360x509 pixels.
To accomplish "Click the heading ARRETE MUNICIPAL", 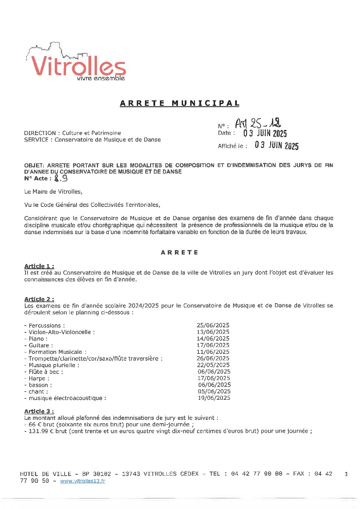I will tap(180, 103).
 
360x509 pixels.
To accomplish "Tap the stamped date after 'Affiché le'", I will tap(277, 145).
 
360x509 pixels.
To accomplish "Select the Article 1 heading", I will tap(39, 266).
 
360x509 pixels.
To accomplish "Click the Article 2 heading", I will tap(39, 299).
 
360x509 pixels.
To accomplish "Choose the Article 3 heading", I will tap(39, 411).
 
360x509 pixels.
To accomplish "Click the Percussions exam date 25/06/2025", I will tap(213, 325).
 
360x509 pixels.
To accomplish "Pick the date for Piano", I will tap(213, 339).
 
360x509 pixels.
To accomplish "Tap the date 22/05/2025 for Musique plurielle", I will tap(213, 365).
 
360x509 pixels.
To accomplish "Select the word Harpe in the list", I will tap(37, 378).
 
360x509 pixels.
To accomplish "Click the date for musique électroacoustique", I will tap(214, 398).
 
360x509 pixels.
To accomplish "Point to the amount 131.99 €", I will tap(43, 431).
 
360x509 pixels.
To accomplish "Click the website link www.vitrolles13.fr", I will tap(83, 481).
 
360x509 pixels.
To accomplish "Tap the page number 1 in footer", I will tap(346, 474).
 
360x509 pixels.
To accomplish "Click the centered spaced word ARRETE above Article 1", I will tap(179, 252).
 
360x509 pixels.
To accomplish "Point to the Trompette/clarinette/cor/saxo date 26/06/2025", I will tap(213, 358).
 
